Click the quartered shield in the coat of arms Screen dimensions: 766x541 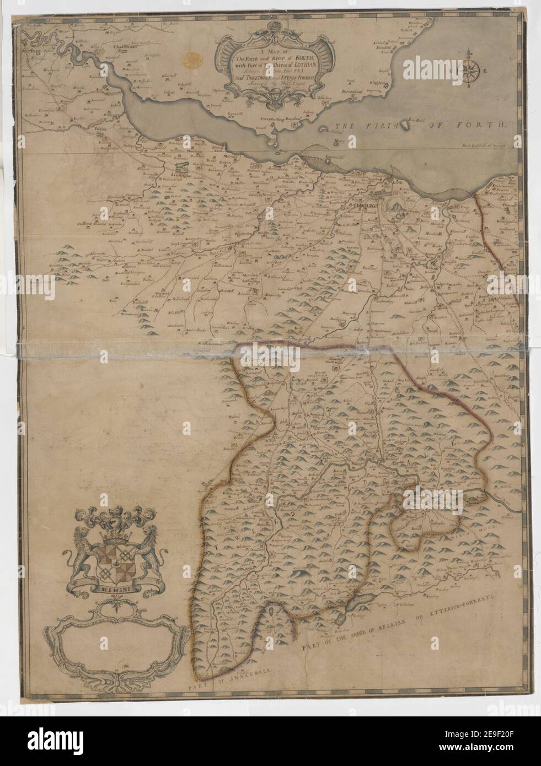113,562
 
